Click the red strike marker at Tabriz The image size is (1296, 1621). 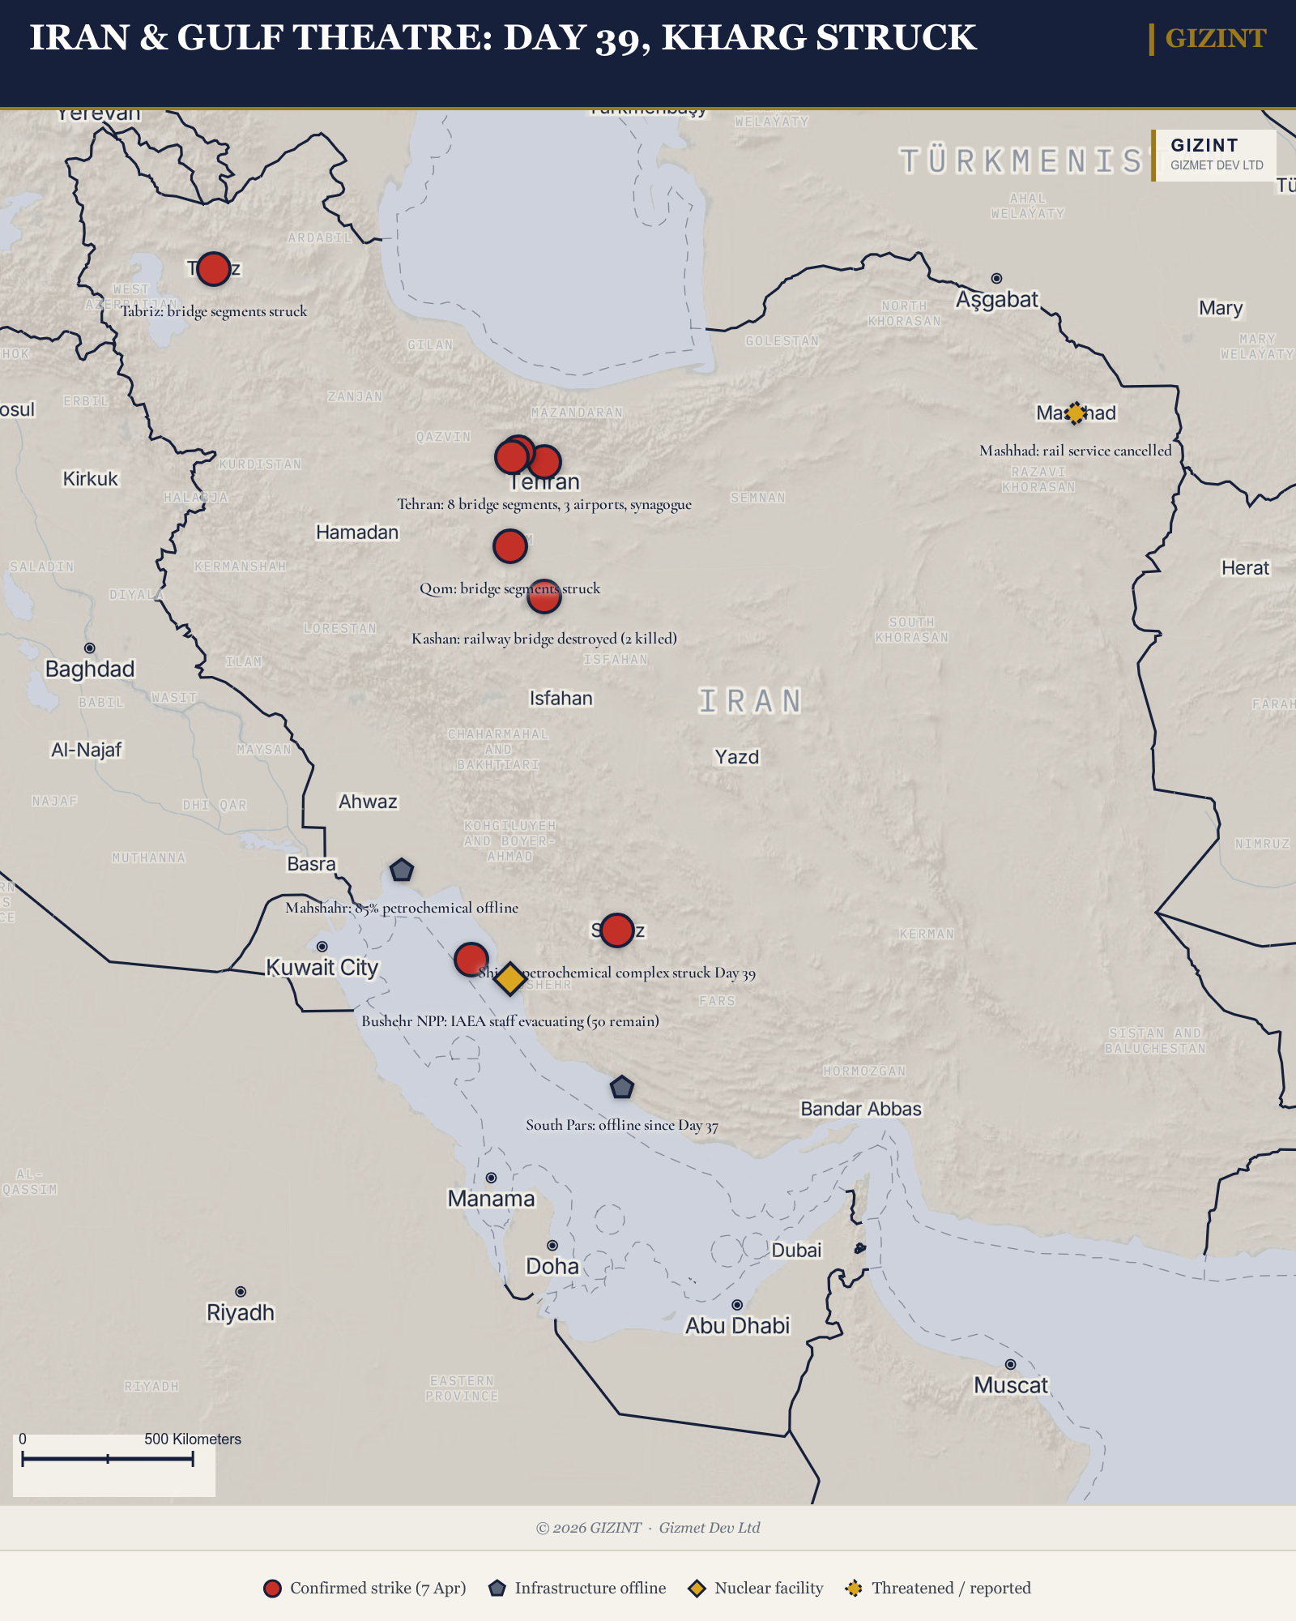[214, 269]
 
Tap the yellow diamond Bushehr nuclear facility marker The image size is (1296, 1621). [510, 978]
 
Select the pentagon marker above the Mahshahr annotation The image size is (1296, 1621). [402, 870]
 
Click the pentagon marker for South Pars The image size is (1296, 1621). [621, 1087]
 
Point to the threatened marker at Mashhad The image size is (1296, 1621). [1075, 413]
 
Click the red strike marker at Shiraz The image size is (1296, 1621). [617, 930]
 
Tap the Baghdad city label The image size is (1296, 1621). [90, 669]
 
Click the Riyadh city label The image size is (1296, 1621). [241, 1312]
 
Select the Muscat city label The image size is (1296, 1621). [1011, 1385]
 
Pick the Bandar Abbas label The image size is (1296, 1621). [861, 1109]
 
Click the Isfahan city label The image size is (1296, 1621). [561, 698]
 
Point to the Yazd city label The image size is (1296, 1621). [736, 757]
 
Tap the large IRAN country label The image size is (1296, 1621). [750, 701]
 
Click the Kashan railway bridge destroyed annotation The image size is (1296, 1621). [544, 639]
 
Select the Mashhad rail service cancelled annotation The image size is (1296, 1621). [1076, 451]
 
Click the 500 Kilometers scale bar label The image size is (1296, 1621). [193, 1439]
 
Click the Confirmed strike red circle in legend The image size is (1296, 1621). [272, 1588]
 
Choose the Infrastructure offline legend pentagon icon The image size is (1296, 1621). [497, 1588]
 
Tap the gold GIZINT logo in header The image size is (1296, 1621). [1215, 38]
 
